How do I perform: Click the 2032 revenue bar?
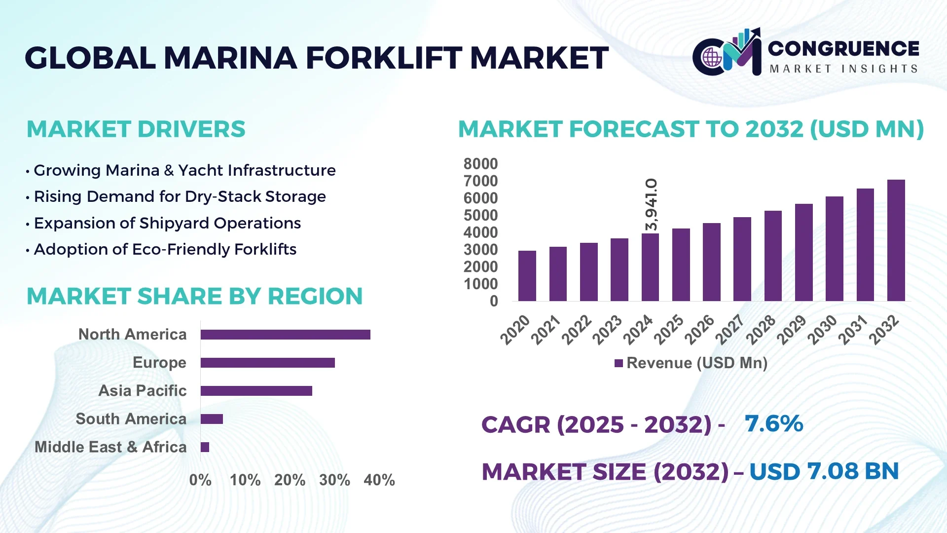896,240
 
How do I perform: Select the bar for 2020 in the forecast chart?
527,276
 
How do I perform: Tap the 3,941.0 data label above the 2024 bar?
652,204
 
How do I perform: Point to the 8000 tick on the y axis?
480,164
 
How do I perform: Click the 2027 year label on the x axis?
730,329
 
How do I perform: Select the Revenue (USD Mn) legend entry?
691,363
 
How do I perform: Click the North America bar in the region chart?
285,335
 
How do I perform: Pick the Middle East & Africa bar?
205,447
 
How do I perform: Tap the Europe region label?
159,363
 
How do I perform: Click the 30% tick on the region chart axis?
334,480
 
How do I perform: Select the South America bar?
212,419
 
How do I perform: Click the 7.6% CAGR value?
773,423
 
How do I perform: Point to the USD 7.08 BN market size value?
824,471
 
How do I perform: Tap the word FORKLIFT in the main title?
384,58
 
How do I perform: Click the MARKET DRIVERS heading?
136,129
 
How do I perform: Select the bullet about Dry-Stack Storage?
180,196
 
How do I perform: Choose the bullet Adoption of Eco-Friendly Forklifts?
165,249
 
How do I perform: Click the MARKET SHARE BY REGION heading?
194,296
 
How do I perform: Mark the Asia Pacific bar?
256,391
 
